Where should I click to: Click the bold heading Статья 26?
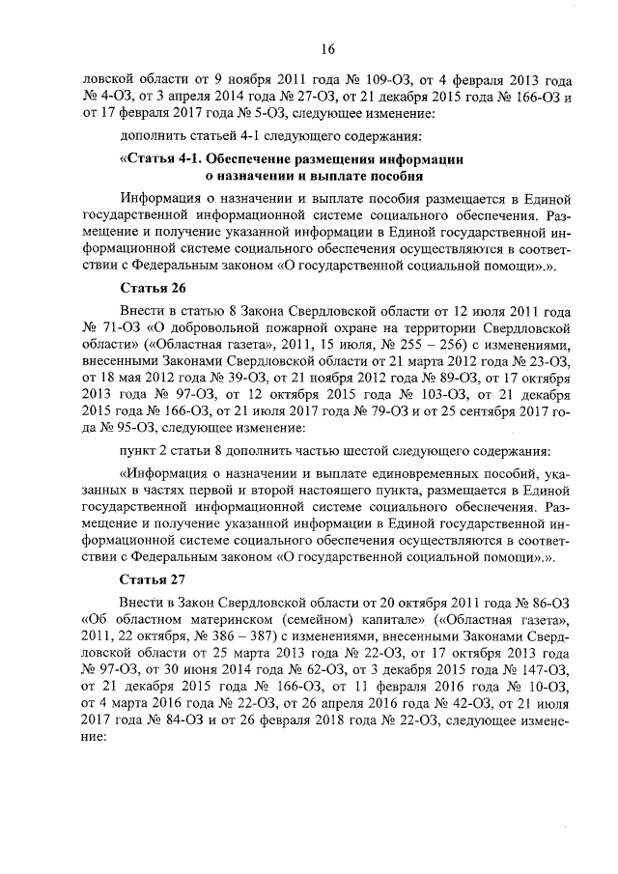(x=153, y=288)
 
